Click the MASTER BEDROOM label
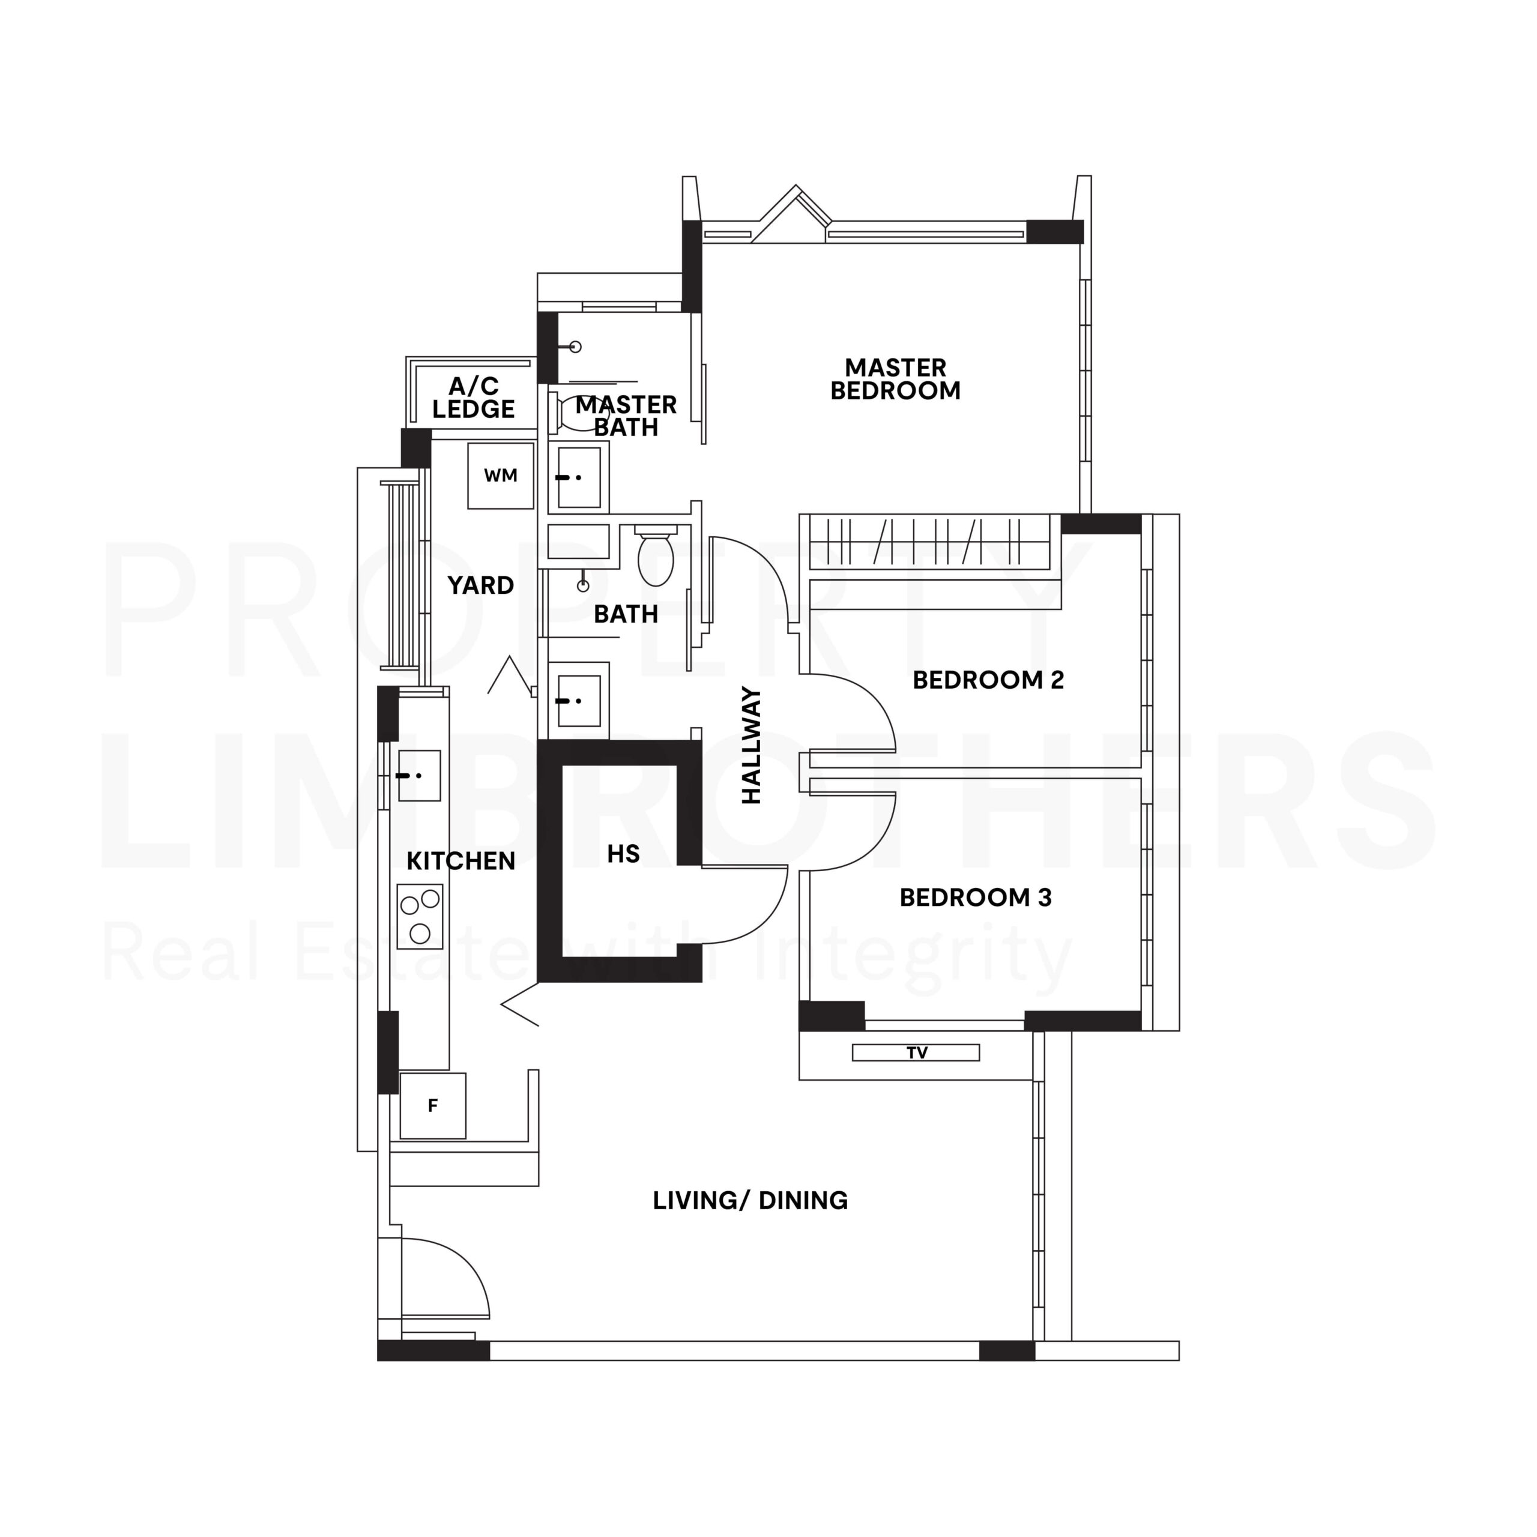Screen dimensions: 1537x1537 [895, 379]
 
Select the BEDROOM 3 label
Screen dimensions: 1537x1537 [976, 898]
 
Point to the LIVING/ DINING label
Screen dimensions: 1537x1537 [750, 1201]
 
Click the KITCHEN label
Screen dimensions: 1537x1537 [460, 861]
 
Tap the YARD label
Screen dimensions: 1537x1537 [480, 585]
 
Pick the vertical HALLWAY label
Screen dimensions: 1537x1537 [752, 746]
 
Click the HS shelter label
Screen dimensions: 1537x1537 [623, 854]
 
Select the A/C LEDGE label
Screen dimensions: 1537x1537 [473, 398]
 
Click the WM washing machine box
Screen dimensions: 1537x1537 [500, 476]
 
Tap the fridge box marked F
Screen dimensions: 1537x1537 [433, 1106]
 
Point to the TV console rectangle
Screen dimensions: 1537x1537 [916, 1052]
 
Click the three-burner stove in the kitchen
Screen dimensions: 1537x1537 [420, 916]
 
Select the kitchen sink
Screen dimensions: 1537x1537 [418, 776]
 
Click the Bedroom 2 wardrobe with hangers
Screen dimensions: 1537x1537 [935, 542]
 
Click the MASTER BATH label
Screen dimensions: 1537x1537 [626, 416]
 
